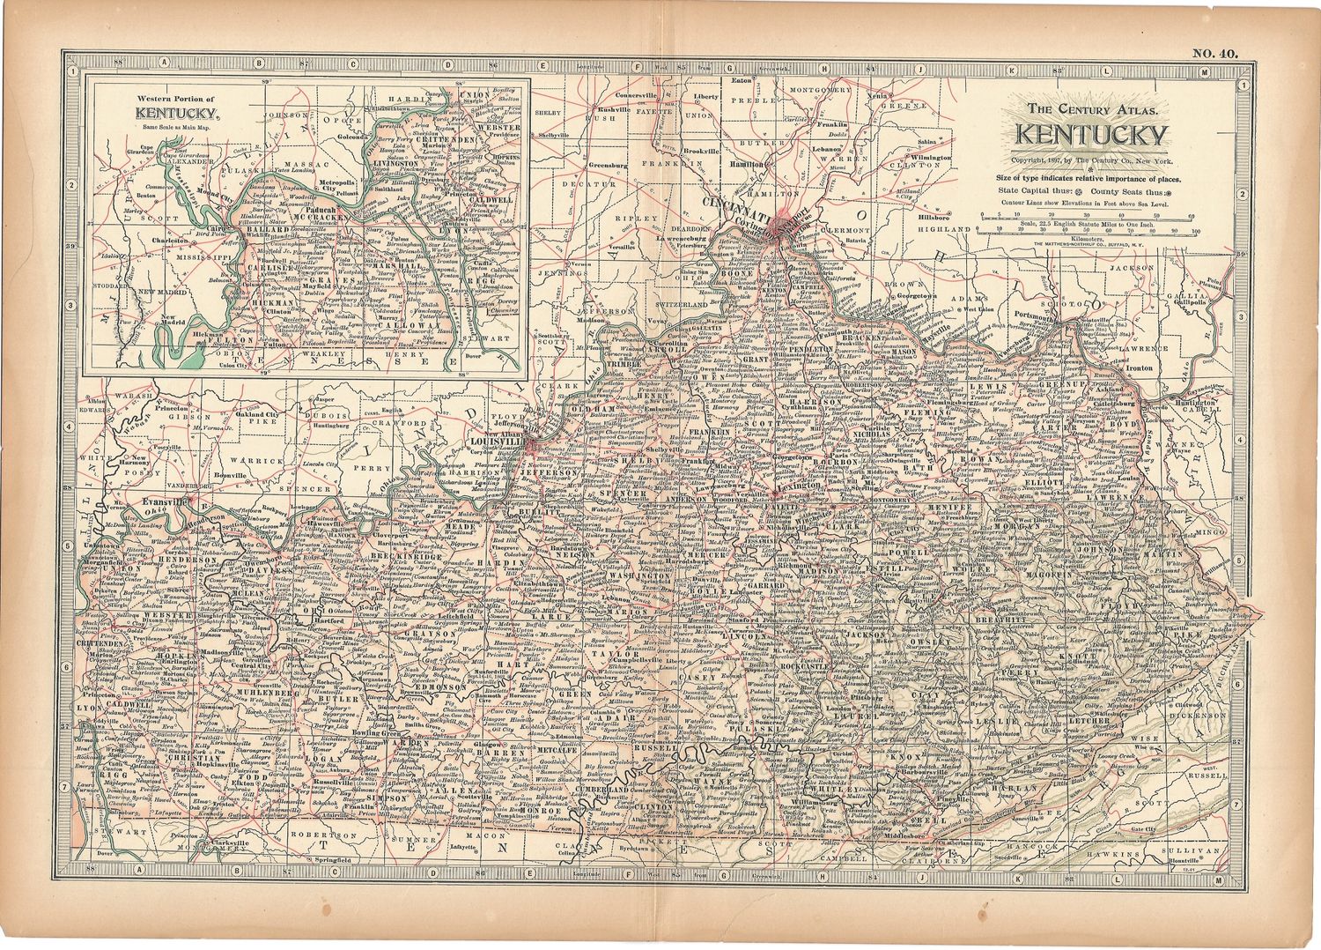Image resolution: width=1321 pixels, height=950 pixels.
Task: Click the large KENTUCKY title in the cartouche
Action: pyautogui.click(x=1091, y=135)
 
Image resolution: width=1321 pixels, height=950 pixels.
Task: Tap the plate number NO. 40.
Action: pyautogui.click(x=1214, y=54)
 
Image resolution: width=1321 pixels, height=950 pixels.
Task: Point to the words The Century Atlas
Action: pyautogui.click(x=1091, y=110)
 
